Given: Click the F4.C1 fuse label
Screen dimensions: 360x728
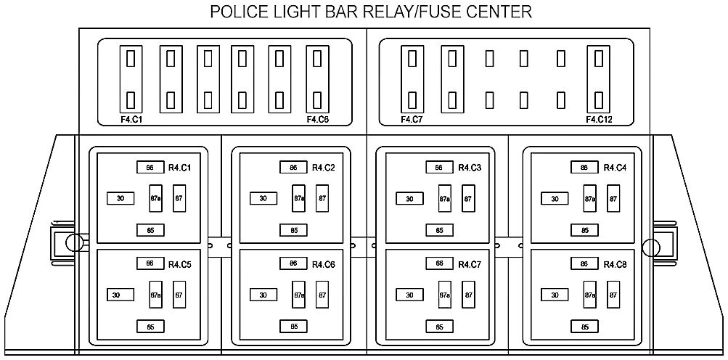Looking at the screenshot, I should click(131, 120).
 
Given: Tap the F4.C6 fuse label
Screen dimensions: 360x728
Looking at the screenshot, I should click(318, 120).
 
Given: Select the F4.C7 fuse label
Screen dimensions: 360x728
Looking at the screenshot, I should click(411, 120).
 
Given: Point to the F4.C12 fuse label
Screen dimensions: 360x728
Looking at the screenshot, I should click(600, 120).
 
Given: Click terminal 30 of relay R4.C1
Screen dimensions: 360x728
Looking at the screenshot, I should click(120, 198).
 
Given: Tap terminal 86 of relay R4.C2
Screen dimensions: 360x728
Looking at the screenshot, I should click(293, 168).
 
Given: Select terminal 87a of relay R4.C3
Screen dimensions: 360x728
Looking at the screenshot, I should click(445, 198).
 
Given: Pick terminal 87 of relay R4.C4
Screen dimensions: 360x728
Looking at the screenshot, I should click(613, 198).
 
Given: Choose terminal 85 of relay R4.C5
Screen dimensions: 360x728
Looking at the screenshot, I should click(150, 327).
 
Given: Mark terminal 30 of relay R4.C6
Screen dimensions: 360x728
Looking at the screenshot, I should click(263, 295).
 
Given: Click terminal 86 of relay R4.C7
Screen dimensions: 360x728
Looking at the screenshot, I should click(439, 263).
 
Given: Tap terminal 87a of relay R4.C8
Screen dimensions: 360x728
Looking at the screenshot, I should click(590, 295).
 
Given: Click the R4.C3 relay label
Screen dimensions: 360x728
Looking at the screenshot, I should click(470, 168).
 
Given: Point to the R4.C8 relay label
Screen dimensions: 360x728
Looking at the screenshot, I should click(615, 264).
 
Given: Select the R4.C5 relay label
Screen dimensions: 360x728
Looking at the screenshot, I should click(179, 264).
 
